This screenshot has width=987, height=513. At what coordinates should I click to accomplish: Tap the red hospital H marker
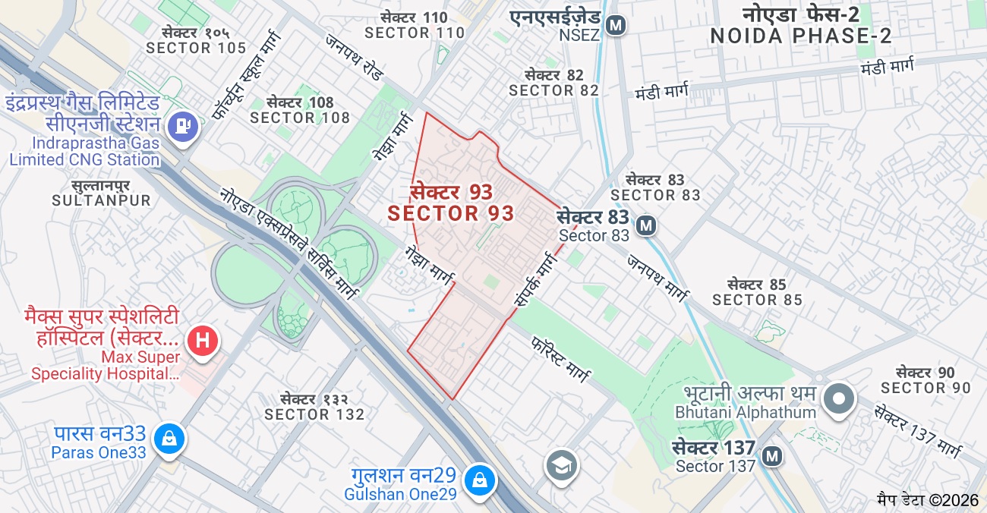(203, 340)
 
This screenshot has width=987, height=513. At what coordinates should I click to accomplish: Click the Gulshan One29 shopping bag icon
(480, 480)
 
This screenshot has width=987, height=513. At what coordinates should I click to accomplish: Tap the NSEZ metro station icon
(616, 25)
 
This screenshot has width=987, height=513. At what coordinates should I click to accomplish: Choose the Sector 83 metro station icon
(646, 225)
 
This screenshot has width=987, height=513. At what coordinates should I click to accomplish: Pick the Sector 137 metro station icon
(772, 456)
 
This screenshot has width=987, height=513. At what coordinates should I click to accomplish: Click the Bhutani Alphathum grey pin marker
(839, 398)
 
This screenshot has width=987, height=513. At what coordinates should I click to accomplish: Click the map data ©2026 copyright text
(928, 500)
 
